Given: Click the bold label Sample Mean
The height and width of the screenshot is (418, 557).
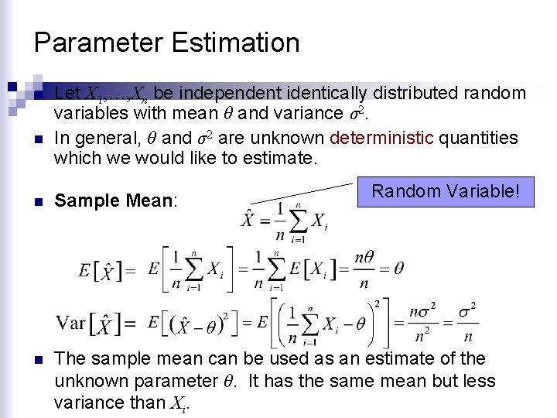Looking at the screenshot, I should tap(115, 201).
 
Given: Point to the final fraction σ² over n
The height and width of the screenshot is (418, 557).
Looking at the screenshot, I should tap(467, 322).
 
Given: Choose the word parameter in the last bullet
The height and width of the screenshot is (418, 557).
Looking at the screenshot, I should tap(180, 381).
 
